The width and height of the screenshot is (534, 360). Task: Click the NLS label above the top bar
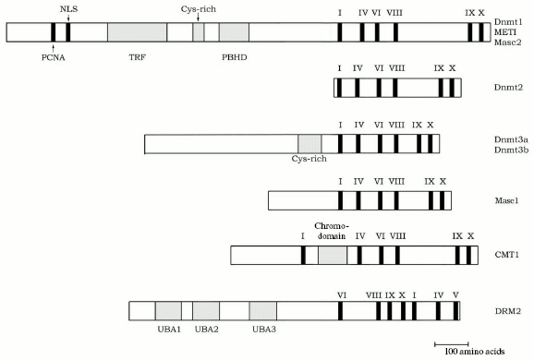pyautogui.click(x=67, y=7)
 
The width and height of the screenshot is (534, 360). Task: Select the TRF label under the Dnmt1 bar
pyautogui.click(x=136, y=56)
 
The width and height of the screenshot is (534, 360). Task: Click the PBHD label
pyautogui.click(x=235, y=56)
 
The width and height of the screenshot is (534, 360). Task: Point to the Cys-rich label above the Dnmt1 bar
pyautogui.click(x=198, y=7)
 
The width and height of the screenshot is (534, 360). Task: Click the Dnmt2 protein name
pyautogui.click(x=507, y=88)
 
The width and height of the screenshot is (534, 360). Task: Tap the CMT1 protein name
pyautogui.click(x=506, y=256)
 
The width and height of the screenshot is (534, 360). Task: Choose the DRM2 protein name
pyautogui.click(x=506, y=311)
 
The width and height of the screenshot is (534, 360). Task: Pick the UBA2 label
pyautogui.click(x=206, y=330)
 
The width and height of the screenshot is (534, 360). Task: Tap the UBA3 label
pyautogui.click(x=263, y=330)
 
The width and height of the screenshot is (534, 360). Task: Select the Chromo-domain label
pyautogui.click(x=331, y=231)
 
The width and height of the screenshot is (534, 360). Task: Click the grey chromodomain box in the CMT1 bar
pyautogui.click(x=333, y=256)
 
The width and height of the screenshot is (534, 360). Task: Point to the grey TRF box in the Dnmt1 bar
pyautogui.click(x=137, y=31)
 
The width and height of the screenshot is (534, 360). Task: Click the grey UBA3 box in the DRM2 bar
pyautogui.click(x=263, y=311)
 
